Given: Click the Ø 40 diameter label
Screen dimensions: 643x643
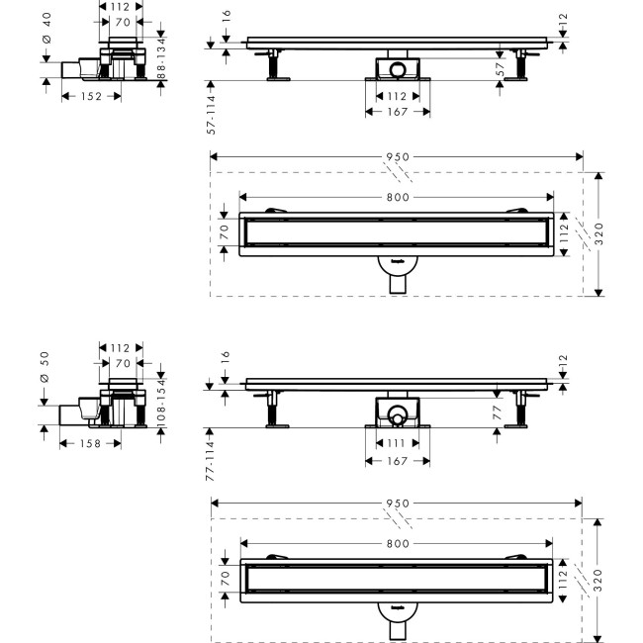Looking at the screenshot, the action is (x=46, y=28).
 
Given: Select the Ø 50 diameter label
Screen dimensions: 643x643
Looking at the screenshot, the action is (x=45, y=367).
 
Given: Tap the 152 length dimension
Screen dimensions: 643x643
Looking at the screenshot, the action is (x=91, y=96).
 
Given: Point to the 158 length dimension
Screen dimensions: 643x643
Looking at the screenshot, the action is (x=90, y=444).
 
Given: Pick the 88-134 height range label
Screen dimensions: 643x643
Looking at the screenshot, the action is (x=161, y=58).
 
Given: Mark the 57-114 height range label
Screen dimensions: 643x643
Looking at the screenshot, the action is (x=211, y=115).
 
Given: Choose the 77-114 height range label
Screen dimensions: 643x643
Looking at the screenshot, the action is (x=210, y=461).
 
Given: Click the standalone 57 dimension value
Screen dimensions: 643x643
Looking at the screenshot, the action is (x=500, y=69).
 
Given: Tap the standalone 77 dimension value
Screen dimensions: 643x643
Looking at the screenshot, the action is (x=497, y=413).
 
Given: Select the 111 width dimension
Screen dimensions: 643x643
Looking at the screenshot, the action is (x=396, y=443).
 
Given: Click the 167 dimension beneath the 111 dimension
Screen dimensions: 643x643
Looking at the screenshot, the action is (x=397, y=461).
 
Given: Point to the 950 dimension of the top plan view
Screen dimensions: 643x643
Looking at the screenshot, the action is (x=398, y=157).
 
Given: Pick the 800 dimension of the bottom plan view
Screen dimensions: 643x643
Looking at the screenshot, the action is (x=398, y=544).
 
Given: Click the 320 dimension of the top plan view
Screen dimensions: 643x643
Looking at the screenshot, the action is (x=599, y=234).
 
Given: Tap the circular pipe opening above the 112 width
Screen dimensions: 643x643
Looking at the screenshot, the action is (x=397, y=69).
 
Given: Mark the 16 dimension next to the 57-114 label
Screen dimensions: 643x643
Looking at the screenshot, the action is (x=226, y=16).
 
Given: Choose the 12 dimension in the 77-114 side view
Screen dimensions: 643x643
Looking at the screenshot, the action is (x=563, y=360).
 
